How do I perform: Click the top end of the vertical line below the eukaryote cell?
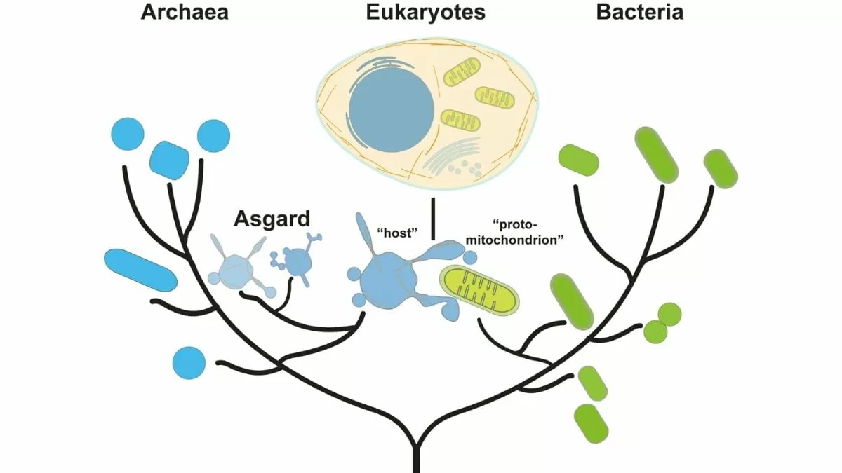coord(433,198)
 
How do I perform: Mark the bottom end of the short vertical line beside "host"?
coord(433,240)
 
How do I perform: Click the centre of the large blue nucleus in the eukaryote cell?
coord(392,111)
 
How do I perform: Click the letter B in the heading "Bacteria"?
coord(603,12)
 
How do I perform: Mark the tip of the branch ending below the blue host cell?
coord(363,313)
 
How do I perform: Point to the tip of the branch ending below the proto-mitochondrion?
coord(479,320)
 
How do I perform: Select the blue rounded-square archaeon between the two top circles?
coord(169,160)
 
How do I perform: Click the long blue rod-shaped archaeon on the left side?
coord(140,270)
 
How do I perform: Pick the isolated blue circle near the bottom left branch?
coord(189,363)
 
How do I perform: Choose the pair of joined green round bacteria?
coord(662,323)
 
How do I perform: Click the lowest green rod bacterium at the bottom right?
coord(592,423)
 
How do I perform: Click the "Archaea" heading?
coord(185,12)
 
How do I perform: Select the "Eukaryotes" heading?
coord(425,12)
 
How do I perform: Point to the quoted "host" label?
coord(397,233)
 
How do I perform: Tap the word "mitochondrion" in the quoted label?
coord(515,240)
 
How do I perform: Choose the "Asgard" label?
coord(272,219)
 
